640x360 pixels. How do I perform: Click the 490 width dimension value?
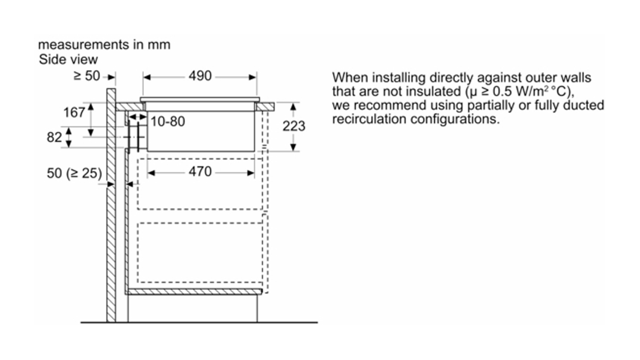coord(200,76)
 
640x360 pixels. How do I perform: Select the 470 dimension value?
coord(200,172)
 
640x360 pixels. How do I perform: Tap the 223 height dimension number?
coord(294,126)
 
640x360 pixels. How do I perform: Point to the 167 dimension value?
coord(74,113)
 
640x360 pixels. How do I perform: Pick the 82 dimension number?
coord(54,137)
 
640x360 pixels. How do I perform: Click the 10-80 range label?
coord(168,122)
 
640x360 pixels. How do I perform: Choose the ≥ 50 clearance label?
coord(87,76)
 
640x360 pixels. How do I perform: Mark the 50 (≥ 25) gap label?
coord(74,174)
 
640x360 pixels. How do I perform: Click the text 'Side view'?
coord(68,60)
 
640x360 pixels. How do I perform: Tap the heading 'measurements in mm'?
coord(104,45)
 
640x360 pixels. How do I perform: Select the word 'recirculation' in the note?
coord(369,119)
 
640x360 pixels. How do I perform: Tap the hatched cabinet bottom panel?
coord(194,292)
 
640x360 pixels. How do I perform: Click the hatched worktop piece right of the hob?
coord(265,107)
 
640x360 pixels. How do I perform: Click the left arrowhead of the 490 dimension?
coord(147,77)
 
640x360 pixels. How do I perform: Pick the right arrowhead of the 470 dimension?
coord(250,173)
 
